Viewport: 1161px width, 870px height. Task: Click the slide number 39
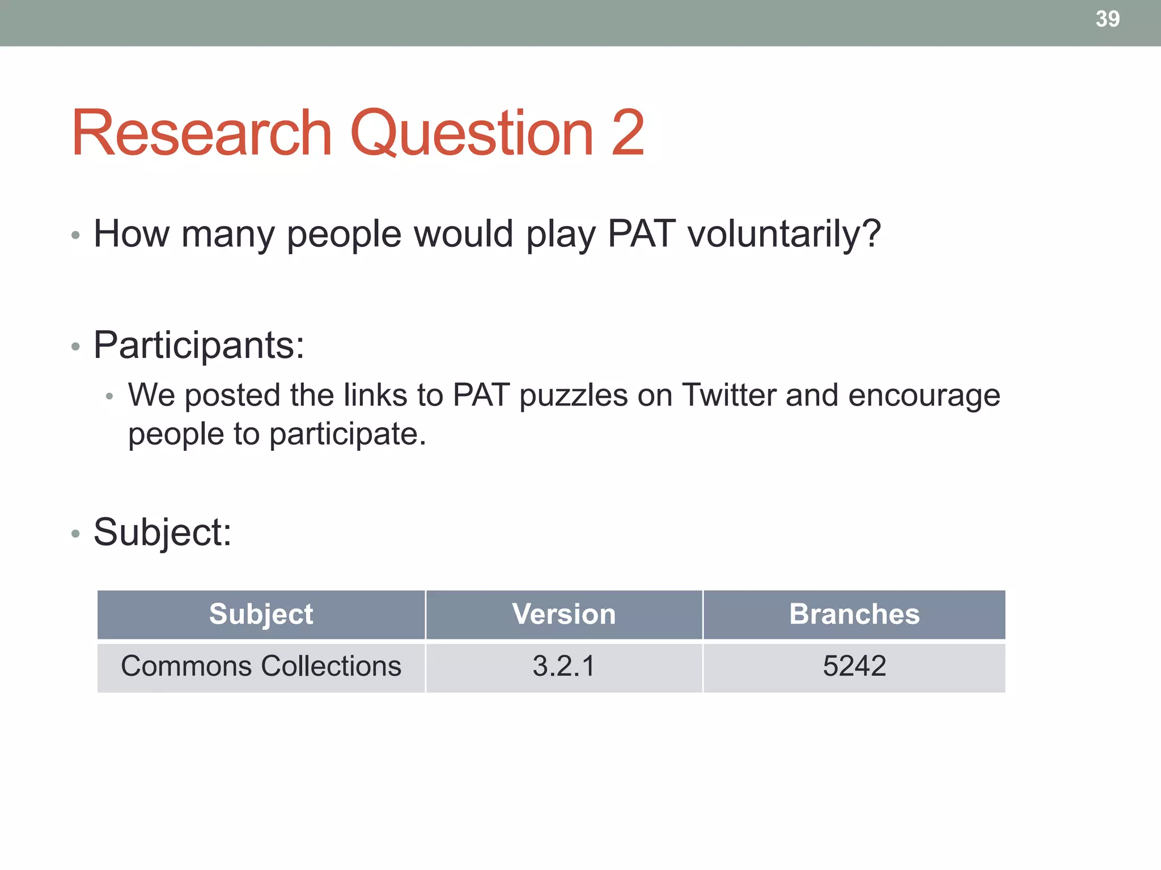pyautogui.click(x=1107, y=19)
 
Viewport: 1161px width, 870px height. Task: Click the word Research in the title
pyautogui.click(x=201, y=133)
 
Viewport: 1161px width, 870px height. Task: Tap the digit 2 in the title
pyautogui.click(x=628, y=133)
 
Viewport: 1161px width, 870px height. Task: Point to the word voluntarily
pyautogui.click(x=783, y=234)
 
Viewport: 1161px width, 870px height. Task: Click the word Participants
pyautogui.click(x=198, y=345)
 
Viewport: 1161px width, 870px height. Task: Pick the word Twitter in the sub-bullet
pyautogui.click(x=728, y=395)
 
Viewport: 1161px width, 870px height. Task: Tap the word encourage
pyautogui.click(x=923, y=396)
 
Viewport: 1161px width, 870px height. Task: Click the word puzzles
pyautogui.click(x=573, y=396)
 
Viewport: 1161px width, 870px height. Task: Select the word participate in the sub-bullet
pyautogui.click(x=347, y=435)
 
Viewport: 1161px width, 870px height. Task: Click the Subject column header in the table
pyautogui.click(x=261, y=615)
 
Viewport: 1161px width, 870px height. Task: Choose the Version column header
pyautogui.click(x=563, y=615)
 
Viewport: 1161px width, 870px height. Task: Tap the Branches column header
pyautogui.click(x=854, y=615)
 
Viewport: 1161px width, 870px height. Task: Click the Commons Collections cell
pyautogui.click(x=261, y=666)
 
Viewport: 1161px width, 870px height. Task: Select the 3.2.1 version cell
pyautogui.click(x=563, y=666)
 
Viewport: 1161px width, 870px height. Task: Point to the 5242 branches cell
pyautogui.click(x=854, y=666)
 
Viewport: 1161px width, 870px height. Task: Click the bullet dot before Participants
pyautogui.click(x=75, y=347)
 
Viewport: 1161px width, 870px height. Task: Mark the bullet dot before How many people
pyautogui.click(x=75, y=235)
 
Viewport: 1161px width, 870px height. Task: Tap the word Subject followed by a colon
pyautogui.click(x=162, y=532)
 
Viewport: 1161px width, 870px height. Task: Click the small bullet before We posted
pyautogui.click(x=109, y=396)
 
